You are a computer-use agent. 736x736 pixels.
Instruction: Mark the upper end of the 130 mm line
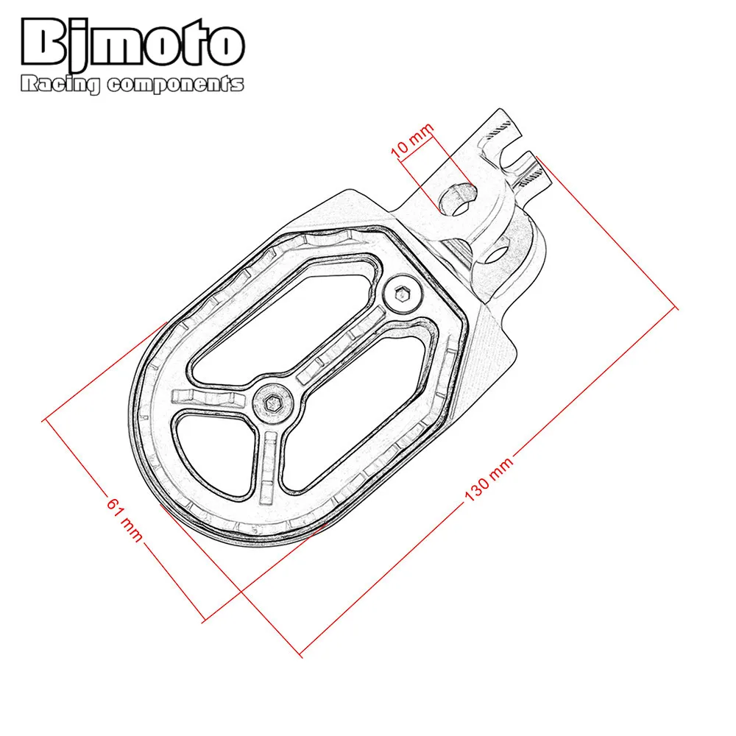click(675, 310)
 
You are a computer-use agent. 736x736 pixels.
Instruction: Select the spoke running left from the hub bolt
click(210, 400)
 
